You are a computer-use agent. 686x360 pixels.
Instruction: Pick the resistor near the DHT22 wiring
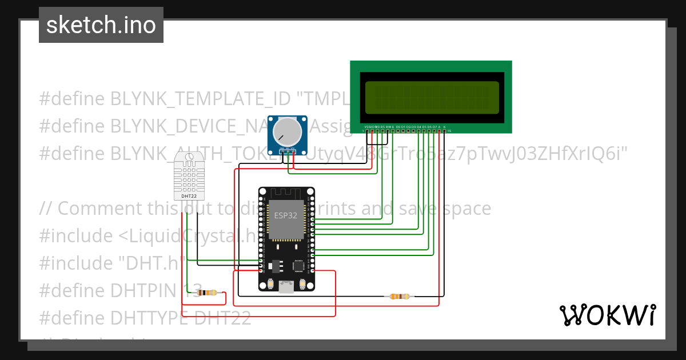(206, 293)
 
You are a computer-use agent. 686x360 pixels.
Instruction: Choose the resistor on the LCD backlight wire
(400, 296)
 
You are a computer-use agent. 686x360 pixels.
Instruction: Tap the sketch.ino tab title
(101, 25)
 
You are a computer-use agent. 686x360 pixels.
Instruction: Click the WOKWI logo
(607, 315)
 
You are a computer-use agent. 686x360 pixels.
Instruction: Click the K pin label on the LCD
(444, 126)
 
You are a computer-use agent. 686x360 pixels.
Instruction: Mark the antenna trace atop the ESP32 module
(286, 194)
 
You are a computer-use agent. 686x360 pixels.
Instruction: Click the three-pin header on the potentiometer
(287, 151)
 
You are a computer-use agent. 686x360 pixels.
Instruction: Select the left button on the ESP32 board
(270, 284)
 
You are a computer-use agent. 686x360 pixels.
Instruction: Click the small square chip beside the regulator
(298, 265)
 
